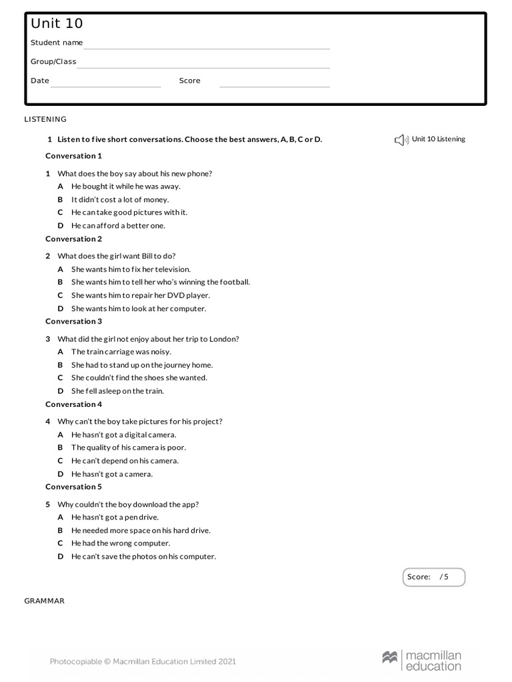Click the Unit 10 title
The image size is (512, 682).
pyautogui.click(x=57, y=24)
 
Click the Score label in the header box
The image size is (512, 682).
pyautogui.click(x=189, y=81)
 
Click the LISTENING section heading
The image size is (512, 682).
pyautogui.click(x=45, y=119)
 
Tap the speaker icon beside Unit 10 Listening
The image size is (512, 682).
pyautogui.click(x=400, y=140)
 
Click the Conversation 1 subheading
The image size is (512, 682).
pyautogui.click(x=73, y=156)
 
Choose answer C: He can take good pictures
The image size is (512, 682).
pyautogui.click(x=129, y=212)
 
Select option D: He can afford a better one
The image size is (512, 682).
pyautogui.click(x=118, y=226)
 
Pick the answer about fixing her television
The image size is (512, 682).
pyautogui.click(x=131, y=270)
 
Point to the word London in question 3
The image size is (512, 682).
pyautogui.click(x=224, y=339)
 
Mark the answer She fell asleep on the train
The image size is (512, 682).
pyautogui.click(x=117, y=392)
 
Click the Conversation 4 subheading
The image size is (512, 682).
pyautogui.click(x=73, y=404)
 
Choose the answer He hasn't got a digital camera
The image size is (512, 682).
pyautogui.click(x=123, y=435)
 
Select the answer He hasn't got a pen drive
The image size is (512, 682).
pyautogui.click(x=115, y=517)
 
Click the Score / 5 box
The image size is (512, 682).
pyautogui.click(x=433, y=577)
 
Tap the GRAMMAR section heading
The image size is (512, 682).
pyautogui.click(x=44, y=601)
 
